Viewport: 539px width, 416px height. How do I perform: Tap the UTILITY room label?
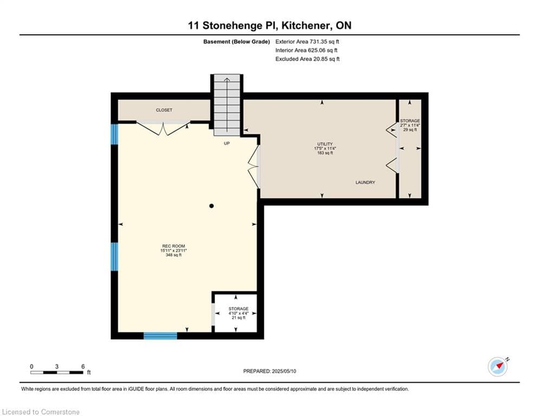325,148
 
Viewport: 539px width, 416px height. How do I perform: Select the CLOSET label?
164,110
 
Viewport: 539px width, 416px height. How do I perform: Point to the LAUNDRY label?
365,183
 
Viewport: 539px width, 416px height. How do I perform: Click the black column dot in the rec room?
212,206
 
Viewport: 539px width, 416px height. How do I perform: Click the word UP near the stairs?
228,144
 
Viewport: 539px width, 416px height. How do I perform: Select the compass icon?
498,367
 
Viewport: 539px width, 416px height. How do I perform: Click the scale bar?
57,372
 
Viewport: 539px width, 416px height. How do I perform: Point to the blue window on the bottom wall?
160,336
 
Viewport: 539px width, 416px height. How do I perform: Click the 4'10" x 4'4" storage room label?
238,313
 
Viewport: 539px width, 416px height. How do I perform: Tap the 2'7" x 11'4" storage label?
410,125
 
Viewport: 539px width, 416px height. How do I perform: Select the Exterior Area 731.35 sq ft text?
307,41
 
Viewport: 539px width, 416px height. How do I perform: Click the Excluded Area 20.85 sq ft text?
307,59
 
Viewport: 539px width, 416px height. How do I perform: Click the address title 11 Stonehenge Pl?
269,25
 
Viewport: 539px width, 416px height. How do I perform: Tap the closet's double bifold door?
163,128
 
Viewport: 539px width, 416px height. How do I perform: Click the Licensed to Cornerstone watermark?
41,412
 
